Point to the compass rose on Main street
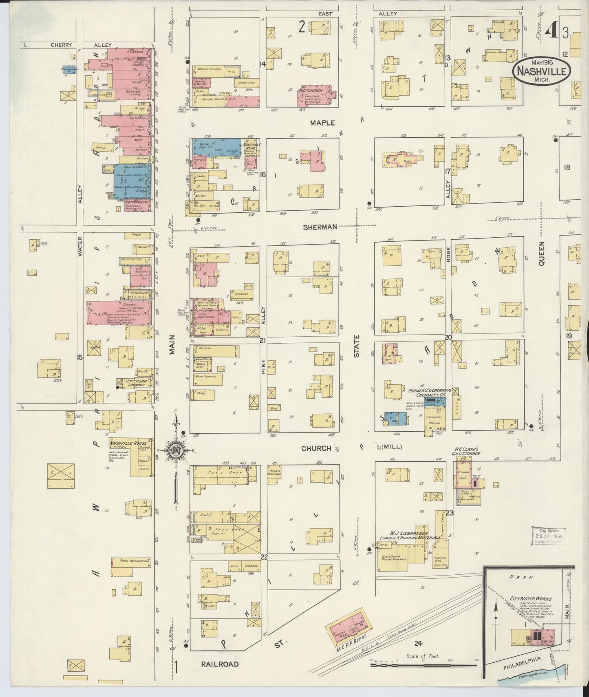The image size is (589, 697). pos(176,451)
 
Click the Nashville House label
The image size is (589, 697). pos(130,443)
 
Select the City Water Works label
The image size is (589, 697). pos(531,598)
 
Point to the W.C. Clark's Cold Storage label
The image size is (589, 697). pos(466,451)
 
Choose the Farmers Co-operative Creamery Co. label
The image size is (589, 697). pos(426,393)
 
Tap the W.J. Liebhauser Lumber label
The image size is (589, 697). pos(410,535)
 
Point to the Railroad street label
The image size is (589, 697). pos(220,664)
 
